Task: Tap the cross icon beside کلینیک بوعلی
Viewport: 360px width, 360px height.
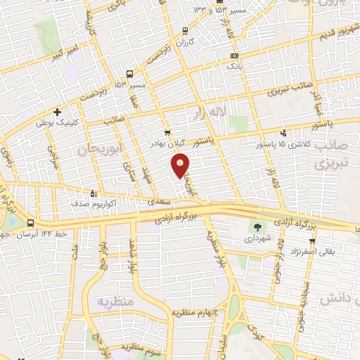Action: [x=57, y=111]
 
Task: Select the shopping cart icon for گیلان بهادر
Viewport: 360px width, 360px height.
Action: [x=167, y=132]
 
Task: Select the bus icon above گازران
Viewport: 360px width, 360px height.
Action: [x=184, y=31]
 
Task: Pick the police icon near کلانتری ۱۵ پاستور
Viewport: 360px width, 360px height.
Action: [x=283, y=133]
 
